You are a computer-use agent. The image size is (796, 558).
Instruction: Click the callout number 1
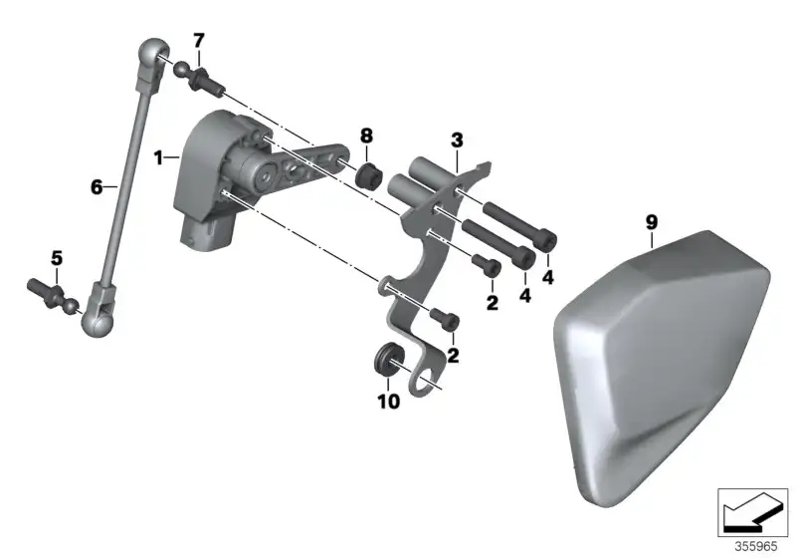tap(159, 158)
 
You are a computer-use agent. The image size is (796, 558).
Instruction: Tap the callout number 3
tap(457, 140)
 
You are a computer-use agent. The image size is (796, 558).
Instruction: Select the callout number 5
tap(57, 258)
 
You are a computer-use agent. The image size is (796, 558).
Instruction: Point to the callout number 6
tap(97, 187)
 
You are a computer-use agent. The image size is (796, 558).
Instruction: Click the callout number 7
tap(198, 41)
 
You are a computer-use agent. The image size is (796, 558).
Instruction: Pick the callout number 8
tap(366, 136)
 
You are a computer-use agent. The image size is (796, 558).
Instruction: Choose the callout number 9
tap(652, 222)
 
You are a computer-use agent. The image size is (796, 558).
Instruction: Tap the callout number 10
tap(388, 402)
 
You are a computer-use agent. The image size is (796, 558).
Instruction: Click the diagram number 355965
tap(756, 546)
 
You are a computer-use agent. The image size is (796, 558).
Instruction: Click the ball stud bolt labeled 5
tap(53, 295)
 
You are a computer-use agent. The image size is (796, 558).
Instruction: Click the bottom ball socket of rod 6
tap(99, 314)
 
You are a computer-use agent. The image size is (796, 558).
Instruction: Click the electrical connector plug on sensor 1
tap(207, 234)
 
